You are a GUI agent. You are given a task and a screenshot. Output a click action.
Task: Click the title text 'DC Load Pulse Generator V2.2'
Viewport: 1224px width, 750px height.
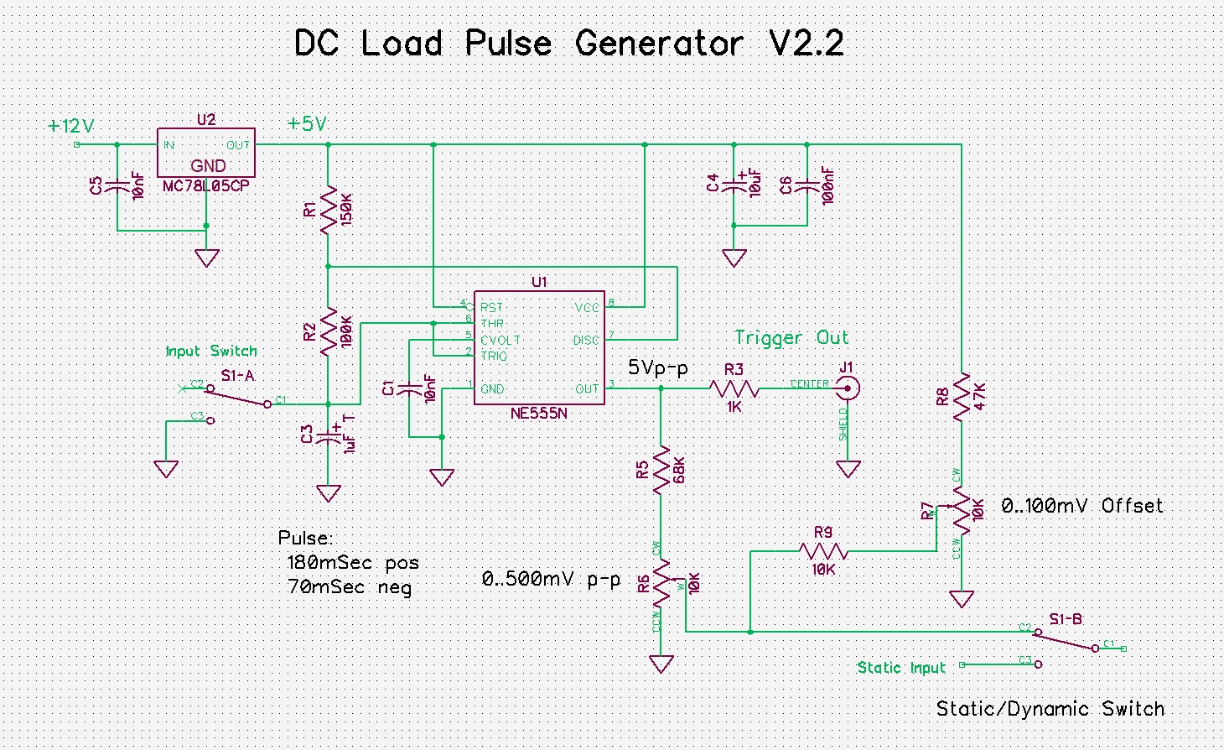tap(568, 44)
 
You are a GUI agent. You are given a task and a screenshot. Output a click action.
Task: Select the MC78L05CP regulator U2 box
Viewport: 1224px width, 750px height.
tap(206, 153)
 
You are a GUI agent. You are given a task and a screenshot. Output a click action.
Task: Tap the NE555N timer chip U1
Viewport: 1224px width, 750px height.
tap(539, 347)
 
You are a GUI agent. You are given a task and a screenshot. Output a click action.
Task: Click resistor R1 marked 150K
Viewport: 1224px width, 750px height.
tap(328, 207)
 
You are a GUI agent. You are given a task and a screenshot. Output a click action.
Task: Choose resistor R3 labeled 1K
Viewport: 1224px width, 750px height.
tap(734, 388)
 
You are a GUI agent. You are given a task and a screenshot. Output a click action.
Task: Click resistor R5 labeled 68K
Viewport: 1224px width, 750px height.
tap(661, 470)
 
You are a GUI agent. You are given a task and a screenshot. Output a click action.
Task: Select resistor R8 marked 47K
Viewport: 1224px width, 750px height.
tap(962, 395)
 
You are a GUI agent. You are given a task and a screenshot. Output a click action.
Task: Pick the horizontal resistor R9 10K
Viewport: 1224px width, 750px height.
tap(823, 551)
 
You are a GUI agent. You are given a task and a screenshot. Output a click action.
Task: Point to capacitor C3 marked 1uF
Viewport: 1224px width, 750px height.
tap(329, 436)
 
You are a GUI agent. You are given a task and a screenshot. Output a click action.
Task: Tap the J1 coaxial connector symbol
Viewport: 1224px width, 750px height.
tap(848, 388)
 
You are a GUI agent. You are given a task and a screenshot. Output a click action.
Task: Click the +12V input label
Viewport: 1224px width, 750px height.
tap(70, 127)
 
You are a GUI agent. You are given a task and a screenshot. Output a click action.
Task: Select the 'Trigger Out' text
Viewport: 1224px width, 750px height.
tap(791, 337)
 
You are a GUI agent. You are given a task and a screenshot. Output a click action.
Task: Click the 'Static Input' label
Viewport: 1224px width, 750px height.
tap(901, 668)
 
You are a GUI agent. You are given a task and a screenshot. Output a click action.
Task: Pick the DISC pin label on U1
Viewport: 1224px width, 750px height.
tap(586, 340)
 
